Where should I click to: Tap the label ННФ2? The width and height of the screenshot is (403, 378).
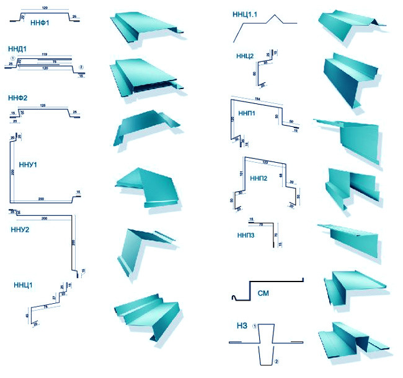(x=17, y=98)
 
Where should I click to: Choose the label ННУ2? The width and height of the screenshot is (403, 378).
(x=20, y=230)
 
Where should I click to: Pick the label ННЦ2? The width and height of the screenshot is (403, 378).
(x=245, y=56)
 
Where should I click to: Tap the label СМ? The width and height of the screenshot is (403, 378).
(x=262, y=294)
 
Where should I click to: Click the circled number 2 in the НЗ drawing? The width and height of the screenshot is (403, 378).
(x=277, y=361)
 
